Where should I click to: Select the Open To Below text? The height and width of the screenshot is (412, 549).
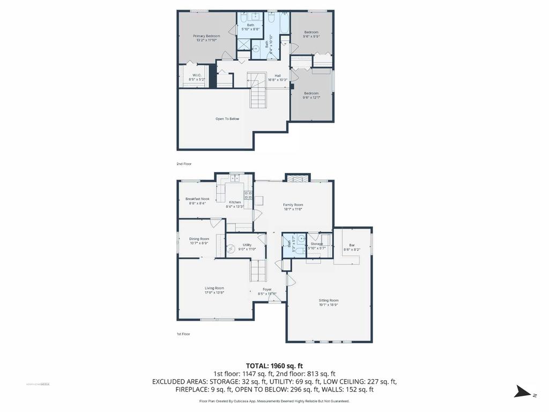click(227, 119)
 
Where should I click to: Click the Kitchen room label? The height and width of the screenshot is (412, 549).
click(235, 202)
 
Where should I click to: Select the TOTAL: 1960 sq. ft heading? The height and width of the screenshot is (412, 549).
click(274, 365)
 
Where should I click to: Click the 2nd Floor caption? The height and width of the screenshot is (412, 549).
click(184, 164)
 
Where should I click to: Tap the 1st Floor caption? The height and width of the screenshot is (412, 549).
click(183, 334)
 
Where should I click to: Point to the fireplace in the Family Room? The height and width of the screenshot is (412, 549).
click(298, 179)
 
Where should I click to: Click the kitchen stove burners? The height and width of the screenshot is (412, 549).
click(248, 195)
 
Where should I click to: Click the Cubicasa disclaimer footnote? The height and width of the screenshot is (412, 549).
click(274, 401)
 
